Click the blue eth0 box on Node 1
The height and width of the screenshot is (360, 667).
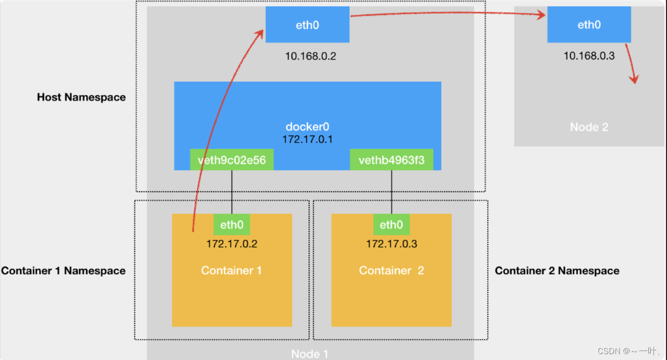307,25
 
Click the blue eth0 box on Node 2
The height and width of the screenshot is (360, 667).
589,25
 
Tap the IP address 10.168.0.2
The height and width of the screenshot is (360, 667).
310,56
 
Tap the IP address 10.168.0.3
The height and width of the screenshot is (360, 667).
589,56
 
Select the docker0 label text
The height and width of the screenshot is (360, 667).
307,127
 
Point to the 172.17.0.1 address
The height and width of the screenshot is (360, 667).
307,139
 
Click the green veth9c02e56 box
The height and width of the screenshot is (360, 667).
232,160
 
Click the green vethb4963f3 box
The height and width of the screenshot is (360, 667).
391,160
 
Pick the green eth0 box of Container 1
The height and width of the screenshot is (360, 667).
232,225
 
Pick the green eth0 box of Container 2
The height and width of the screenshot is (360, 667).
391,225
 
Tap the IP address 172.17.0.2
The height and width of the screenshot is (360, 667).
232,244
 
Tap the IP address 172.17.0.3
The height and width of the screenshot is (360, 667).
391,244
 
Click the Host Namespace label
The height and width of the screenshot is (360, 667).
81,97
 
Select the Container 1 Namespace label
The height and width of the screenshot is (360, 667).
63,270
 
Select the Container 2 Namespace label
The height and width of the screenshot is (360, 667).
557,270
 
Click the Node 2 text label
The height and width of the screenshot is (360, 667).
589,127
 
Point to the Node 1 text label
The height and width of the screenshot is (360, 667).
309,354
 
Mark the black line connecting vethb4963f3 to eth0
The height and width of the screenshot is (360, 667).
391,192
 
